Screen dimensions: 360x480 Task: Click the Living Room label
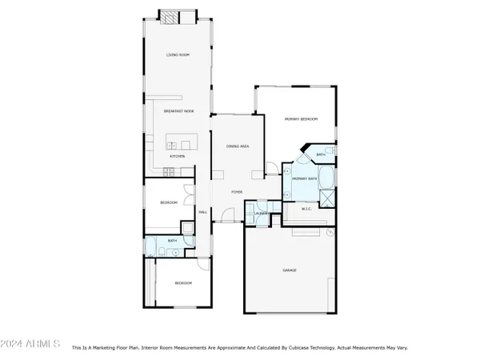pos(178,55)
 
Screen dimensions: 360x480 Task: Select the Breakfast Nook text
pos(178,111)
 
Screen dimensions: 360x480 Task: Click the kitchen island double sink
pos(171,145)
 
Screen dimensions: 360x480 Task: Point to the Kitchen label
pos(178,156)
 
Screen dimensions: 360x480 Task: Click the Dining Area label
pos(238,147)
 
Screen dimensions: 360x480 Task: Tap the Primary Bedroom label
pos(302,119)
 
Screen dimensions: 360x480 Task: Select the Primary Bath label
pos(305,179)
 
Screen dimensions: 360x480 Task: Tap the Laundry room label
pos(261,214)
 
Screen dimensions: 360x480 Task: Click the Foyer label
pos(237,193)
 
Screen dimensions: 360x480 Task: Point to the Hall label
pos(202,212)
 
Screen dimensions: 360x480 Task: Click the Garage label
pos(289,270)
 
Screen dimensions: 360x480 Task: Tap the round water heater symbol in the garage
pos(330,233)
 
